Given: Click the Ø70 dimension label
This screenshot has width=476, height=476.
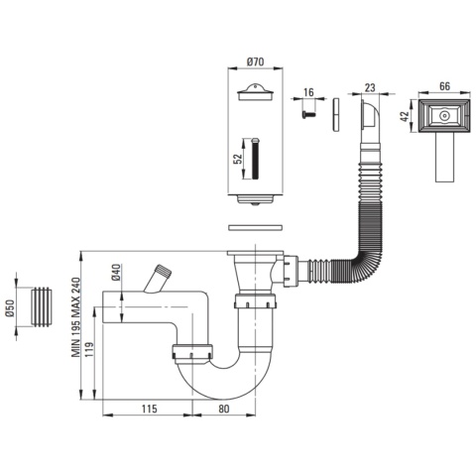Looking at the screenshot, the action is coord(255,61).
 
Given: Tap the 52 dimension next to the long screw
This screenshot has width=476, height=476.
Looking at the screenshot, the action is coord(238,159).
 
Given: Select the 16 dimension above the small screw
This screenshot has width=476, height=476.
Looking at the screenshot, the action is coord(308,92).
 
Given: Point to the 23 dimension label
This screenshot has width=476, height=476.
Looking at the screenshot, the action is coord(370,87).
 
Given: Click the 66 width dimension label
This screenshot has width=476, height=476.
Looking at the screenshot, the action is coord(444,86).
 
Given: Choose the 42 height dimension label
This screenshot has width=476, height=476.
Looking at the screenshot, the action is coord(405,116).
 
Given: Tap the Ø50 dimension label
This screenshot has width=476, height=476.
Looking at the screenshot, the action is coord(10,308).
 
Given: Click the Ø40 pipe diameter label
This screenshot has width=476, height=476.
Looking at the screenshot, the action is coord(116,273).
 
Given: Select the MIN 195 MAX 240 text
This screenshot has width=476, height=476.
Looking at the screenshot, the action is coord(76,317).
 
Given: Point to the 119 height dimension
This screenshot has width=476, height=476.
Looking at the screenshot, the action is coord(89,349).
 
